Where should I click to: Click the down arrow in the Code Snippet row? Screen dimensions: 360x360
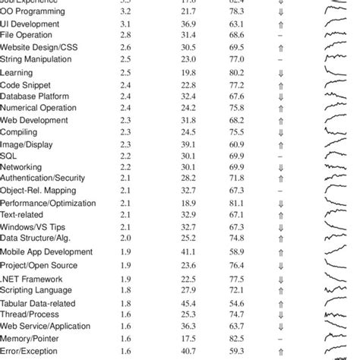click(x=280, y=84)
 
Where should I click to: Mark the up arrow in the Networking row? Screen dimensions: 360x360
click(x=280, y=166)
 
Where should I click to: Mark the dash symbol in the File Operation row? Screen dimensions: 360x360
click(x=280, y=36)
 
